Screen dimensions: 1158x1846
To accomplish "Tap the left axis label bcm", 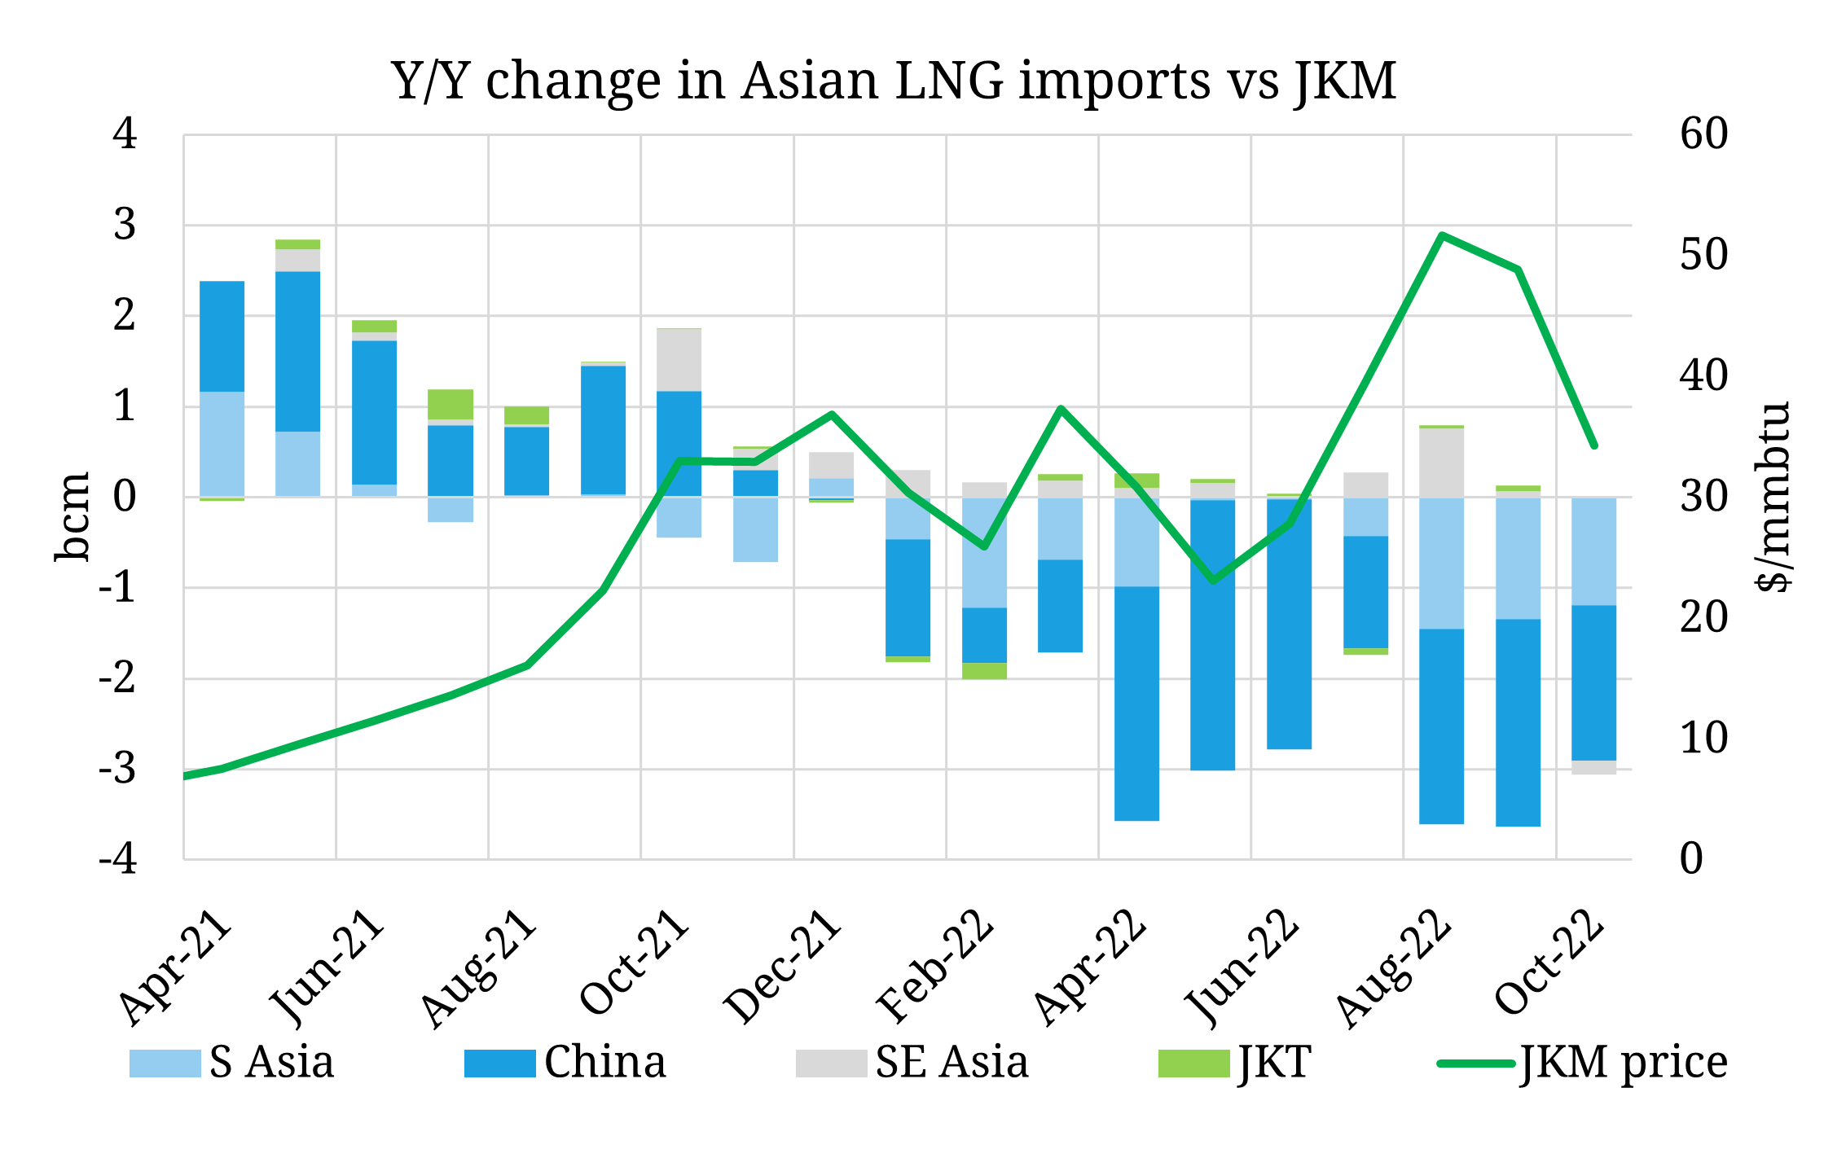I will (73, 516).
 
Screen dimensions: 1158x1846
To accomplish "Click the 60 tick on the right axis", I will (1703, 134).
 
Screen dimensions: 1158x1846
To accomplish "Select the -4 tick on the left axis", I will (118, 859).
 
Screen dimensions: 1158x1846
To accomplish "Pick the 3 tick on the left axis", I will (125, 225).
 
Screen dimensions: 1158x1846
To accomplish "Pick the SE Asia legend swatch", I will (831, 1064).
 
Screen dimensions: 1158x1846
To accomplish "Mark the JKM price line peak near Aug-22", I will (1442, 235).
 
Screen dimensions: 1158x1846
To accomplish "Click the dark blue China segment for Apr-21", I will (222, 336).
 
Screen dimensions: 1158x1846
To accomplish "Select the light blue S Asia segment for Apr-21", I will (222, 444).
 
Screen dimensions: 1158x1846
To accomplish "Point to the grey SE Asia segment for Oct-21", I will (679, 360).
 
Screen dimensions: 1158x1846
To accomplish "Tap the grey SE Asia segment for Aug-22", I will (1441, 463).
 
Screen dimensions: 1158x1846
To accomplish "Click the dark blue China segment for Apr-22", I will (1136, 703).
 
